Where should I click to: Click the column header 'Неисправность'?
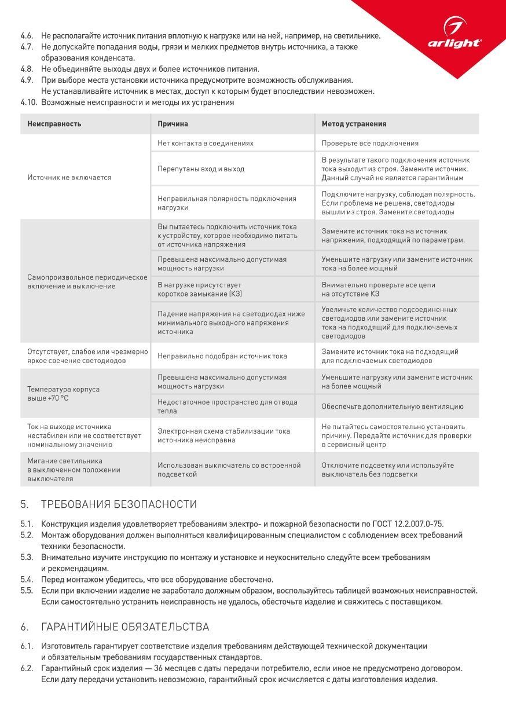54,124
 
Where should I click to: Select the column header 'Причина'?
173,124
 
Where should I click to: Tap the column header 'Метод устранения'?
354,124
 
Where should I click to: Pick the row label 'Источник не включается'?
69,177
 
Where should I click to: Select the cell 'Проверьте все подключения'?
370,143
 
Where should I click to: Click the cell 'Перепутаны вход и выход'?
201,169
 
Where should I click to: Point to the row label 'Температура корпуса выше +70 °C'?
63,394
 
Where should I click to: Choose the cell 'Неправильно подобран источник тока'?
222,356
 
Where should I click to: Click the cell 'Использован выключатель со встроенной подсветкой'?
229,470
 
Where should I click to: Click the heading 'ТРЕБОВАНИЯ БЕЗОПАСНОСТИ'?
119,504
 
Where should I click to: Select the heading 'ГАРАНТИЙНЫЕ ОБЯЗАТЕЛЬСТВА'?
125,627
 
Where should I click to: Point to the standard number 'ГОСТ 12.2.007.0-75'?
410,524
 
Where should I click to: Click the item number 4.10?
28,102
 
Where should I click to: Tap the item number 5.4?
27,580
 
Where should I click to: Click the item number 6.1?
27,646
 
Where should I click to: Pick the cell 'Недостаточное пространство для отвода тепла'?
228,406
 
